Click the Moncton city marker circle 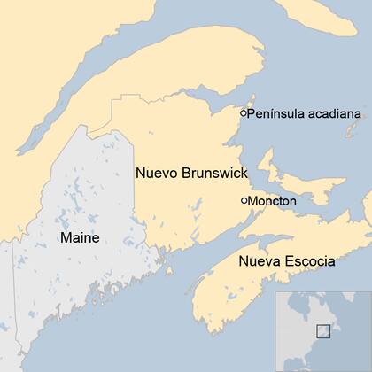244,201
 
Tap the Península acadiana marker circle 244,113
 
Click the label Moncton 272,201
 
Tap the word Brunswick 216,173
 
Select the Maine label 79,237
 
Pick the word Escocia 309,261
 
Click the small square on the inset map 324,330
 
